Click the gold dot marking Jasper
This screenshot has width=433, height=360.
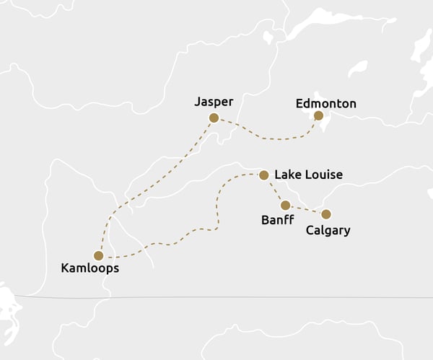tap(214, 118)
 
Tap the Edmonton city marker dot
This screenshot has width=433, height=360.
tap(318, 115)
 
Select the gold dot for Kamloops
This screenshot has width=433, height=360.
tap(98, 255)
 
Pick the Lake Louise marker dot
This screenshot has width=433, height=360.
tap(264, 175)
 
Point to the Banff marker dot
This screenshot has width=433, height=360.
tap(286, 206)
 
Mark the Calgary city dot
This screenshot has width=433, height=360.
tap(326, 214)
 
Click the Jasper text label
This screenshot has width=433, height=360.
tap(214, 102)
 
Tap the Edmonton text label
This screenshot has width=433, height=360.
tap(326, 104)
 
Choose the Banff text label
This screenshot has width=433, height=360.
tap(277, 220)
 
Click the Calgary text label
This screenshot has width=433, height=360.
tap(328, 231)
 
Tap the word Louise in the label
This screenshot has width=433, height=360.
tap(322, 175)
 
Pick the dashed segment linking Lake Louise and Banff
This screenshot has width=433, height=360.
tap(275, 190)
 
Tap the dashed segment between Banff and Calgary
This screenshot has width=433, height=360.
tap(306, 210)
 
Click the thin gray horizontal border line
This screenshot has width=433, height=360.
tap(216, 297)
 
